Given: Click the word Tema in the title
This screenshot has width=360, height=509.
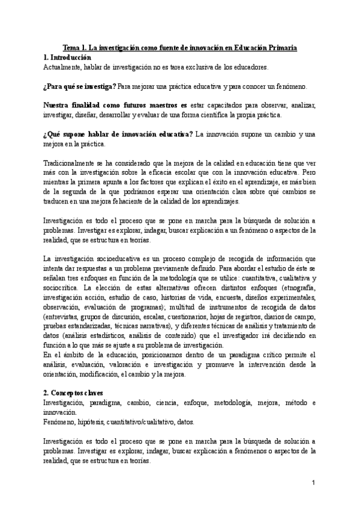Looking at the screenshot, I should (72, 47).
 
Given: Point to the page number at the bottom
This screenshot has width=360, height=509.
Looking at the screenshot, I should (313, 483).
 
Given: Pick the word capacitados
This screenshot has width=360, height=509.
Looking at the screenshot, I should (229, 106).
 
